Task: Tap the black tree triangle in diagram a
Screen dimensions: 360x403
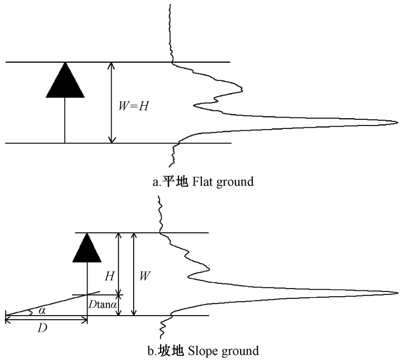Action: (65, 81)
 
